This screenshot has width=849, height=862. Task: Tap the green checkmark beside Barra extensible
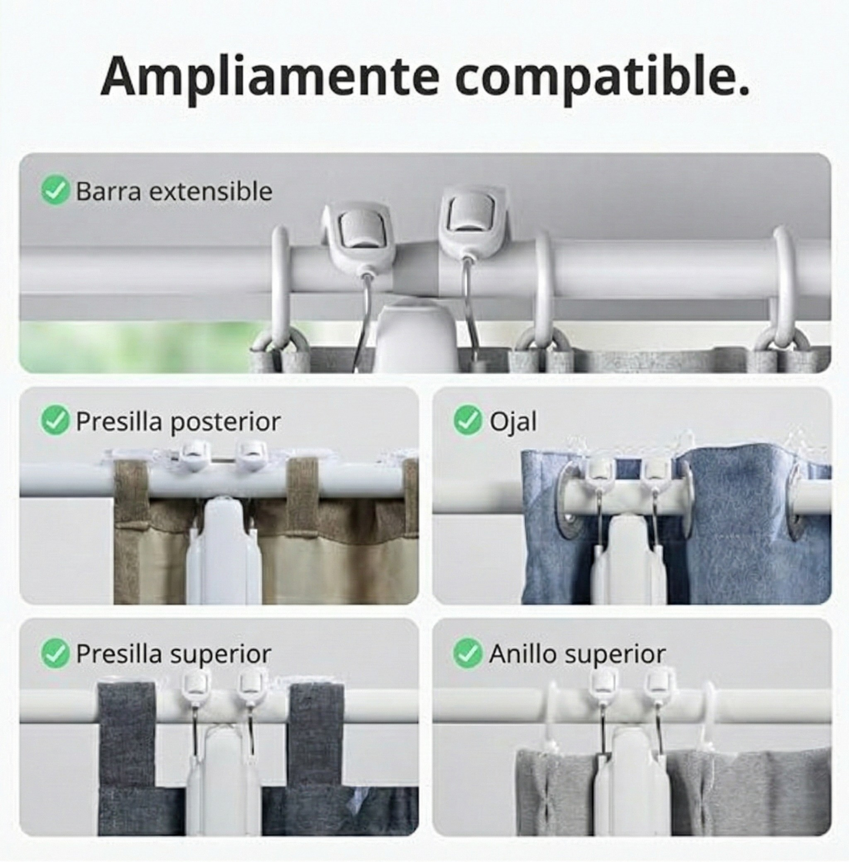pyautogui.click(x=55, y=191)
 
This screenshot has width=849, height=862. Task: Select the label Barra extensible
pyautogui.click(x=174, y=191)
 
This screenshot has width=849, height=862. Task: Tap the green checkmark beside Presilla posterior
pyautogui.click(x=55, y=420)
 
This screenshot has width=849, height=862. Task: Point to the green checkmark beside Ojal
pyautogui.click(x=468, y=420)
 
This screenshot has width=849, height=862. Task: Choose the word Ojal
pyautogui.click(x=513, y=422)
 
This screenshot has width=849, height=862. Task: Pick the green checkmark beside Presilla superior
pyautogui.click(x=55, y=653)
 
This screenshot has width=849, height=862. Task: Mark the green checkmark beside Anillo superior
pyautogui.click(x=468, y=653)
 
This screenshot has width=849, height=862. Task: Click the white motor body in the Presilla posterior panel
pyautogui.click(x=223, y=552)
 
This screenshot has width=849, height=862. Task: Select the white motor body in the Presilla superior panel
pyautogui.click(x=223, y=775)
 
